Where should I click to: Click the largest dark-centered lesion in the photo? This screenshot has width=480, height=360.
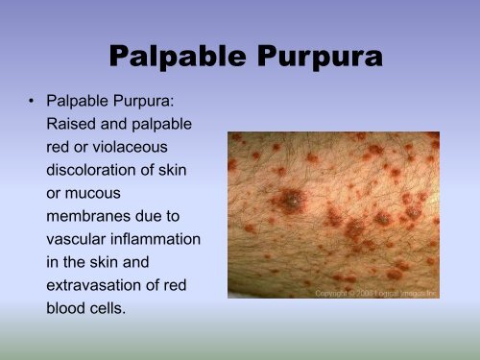coord(288,203)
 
